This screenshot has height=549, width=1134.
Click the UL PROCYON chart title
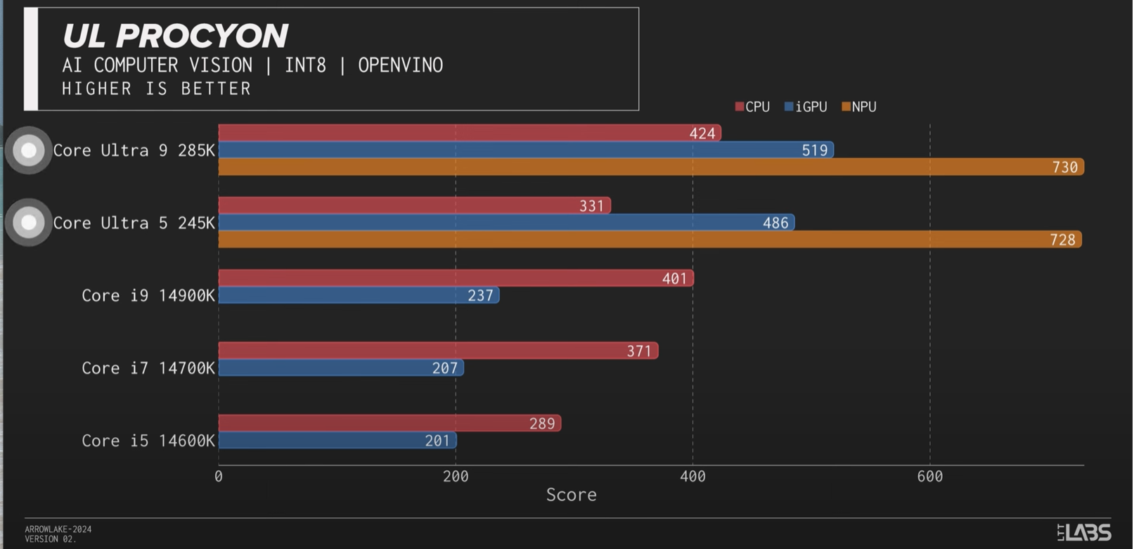click(175, 36)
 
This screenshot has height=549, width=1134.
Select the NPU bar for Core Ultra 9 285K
click(650, 167)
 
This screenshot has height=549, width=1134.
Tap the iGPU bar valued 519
click(525, 150)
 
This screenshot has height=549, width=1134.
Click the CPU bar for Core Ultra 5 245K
click(414, 205)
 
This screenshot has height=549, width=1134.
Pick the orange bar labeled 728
click(650, 240)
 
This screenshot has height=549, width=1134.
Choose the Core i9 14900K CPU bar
click(456, 278)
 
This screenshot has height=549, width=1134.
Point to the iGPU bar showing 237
click(359, 295)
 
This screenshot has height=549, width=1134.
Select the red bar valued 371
click(438, 351)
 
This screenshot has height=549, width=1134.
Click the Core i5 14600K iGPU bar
click(337, 441)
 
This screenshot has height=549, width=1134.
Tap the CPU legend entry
click(752, 107)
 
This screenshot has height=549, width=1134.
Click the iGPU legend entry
click(806, 107)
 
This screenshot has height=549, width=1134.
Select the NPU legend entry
click(859, 107)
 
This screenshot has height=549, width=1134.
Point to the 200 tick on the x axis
click(456, 477)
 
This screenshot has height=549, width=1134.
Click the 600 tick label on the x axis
click(929, 477)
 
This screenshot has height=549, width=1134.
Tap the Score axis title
click(571, 495)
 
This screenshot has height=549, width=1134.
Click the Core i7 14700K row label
click(148, 368)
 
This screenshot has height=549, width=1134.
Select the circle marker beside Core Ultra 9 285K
click(29, 150)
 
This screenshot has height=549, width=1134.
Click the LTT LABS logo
click(1084, 532)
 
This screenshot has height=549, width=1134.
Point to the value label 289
click(541, 424)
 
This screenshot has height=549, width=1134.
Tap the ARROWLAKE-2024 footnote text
click(58, 529)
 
